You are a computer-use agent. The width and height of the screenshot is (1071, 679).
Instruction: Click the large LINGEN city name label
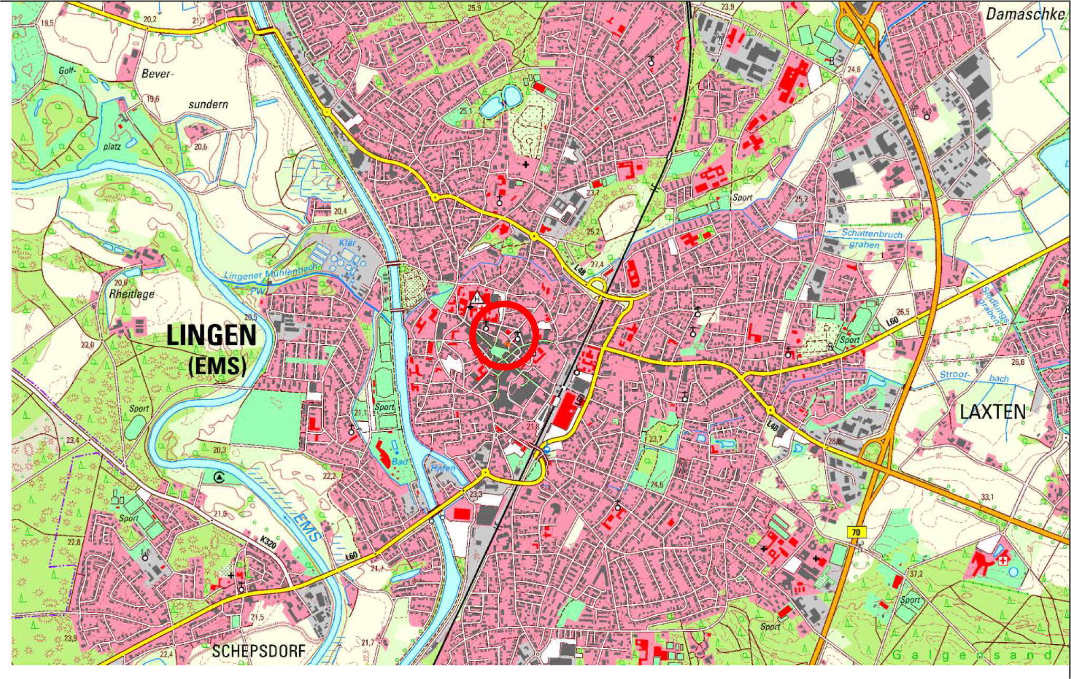click(211, 336)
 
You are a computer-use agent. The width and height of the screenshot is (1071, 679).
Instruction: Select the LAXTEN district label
click(992, 412)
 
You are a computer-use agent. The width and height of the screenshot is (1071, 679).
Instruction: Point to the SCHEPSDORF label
click(258, 651)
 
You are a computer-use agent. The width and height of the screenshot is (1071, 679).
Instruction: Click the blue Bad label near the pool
click(400, 462)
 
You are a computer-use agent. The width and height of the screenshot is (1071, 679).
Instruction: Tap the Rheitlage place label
click(131, 294)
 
